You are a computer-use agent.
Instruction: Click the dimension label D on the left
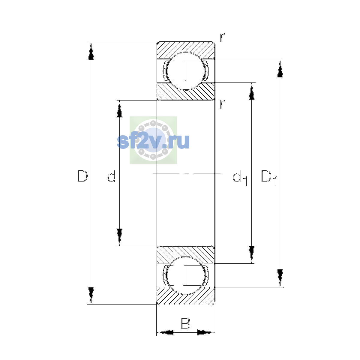pos(82,176)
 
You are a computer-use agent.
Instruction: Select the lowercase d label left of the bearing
pos(112,176)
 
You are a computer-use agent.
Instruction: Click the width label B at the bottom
pos(185,323)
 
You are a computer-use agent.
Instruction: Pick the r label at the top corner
pos(222,37)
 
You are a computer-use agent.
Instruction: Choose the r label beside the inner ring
pos(222,104)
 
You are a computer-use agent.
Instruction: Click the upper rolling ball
pos(186,71)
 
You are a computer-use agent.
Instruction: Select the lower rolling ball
pos(186,276)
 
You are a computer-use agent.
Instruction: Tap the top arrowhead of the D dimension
pos(91,51)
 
